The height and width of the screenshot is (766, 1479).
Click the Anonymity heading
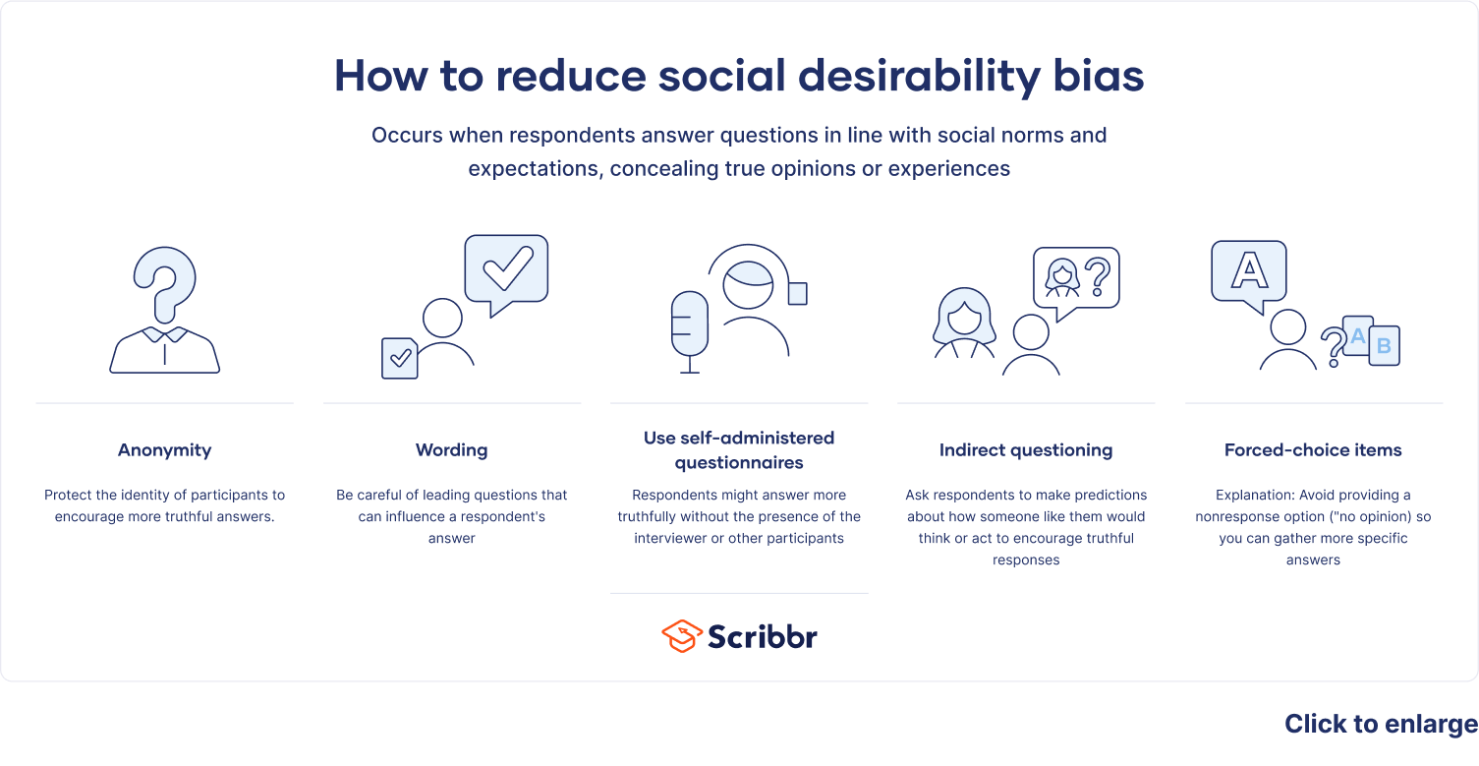pos(164,450)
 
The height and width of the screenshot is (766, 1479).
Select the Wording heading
pos(451,450)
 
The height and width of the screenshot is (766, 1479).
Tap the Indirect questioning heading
pos(1026,450)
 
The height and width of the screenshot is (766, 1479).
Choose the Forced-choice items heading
pos(1313,450)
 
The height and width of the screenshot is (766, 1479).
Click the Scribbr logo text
pos(763,636)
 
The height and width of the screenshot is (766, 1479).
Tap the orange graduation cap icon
pos(681,636)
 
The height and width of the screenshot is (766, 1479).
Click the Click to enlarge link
pos(1381,725)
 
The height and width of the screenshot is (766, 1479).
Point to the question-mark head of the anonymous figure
pos(165,281)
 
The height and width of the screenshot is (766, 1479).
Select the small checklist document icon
pos(400,358)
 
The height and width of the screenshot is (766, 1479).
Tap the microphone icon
pos(689,324)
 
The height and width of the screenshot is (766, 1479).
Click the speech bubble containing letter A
pos(1249,269)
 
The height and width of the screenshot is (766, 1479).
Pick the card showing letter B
pos(1384,346)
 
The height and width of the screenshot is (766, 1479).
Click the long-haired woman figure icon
pos(964,323)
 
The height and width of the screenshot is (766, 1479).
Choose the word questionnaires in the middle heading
pos(739,462)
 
